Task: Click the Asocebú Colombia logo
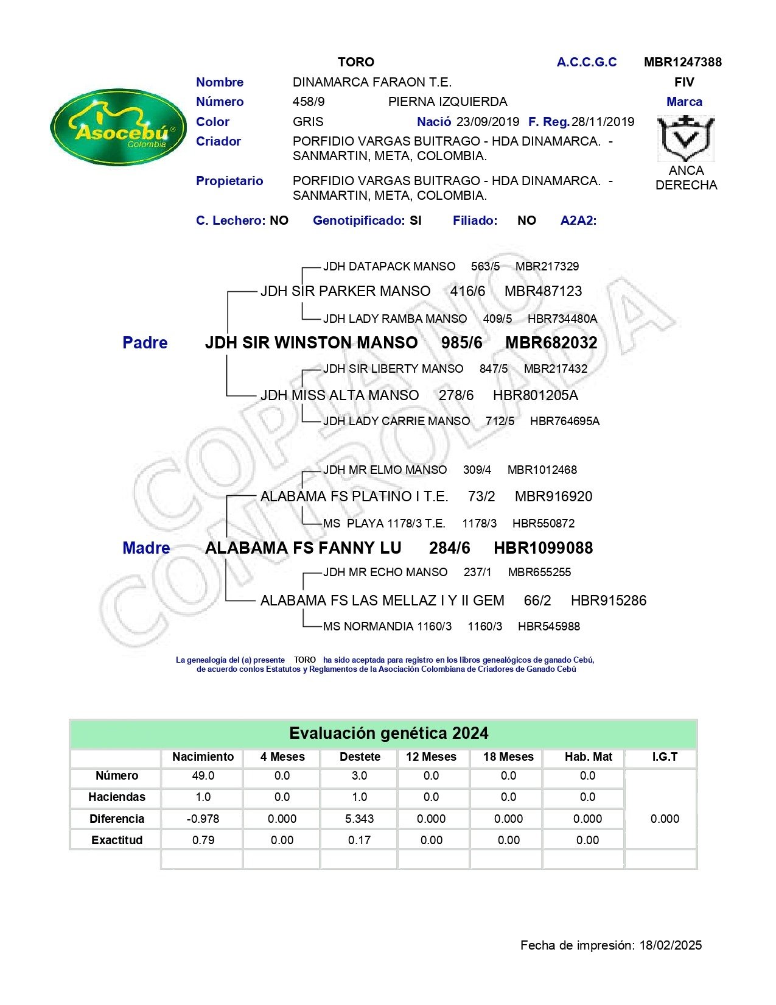(119, 127)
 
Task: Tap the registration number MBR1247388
(682, 62)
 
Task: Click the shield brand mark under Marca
(686, 138)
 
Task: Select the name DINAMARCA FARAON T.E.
(372, 82)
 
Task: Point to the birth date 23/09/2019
(488, 122)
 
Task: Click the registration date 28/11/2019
(603, 122)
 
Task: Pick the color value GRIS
(308, 122)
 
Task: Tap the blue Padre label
(145, 343)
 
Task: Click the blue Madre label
(146, 548)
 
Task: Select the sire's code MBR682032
(551, 343)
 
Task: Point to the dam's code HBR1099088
(543, 548)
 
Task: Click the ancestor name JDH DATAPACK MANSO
(389, 267)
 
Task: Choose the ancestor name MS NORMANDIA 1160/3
(387, 626)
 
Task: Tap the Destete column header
(360, 757)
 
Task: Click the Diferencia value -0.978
(203, 819)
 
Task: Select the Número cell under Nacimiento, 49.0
(203, 776)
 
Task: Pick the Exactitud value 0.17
(359, 841)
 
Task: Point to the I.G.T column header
(665, 757)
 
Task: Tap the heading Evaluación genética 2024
(388, 733)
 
